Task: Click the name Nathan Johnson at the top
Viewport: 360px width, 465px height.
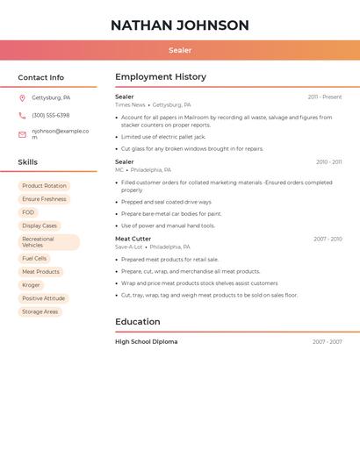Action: coord(180,25)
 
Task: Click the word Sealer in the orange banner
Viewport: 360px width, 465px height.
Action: coord(180,51)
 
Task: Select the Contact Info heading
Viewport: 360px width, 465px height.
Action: coord(41,77)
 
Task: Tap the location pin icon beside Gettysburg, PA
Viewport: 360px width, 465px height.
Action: coord(22,98)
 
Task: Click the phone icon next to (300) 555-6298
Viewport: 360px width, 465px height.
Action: coord(22,116)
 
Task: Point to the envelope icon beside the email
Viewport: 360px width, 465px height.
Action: coord(22,134)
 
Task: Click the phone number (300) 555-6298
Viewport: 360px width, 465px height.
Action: coord(51,116)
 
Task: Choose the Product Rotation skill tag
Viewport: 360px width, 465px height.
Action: coord(44,186)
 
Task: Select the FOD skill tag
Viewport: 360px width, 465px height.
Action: coord(28,212)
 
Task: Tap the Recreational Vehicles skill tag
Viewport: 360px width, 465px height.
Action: coord(48,242)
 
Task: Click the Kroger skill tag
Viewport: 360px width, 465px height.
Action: coord(31,285)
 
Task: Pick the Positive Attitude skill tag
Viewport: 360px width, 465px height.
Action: coord(43,298)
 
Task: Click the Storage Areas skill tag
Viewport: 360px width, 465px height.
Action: coord(40,311)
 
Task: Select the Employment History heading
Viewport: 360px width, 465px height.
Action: coord(161,77)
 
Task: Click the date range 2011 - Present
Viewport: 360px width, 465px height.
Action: coord(325,97)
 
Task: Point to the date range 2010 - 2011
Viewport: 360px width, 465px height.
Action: coord(328,162)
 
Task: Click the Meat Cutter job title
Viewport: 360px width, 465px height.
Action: coord(133,239)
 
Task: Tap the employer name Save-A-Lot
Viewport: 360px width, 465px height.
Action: coord(128,247)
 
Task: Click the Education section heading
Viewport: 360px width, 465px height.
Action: coord(137,322)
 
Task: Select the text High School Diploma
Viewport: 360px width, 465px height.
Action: coord(146,342)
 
